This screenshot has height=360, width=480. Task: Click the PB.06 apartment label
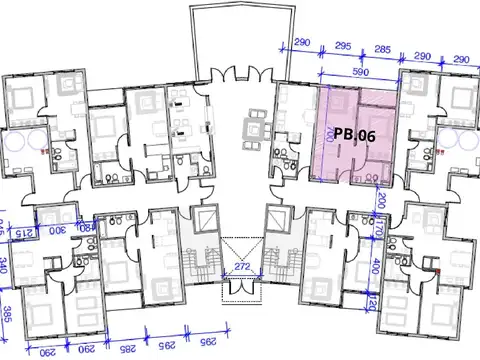coord(355,134)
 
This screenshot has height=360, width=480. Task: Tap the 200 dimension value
coord(381,200)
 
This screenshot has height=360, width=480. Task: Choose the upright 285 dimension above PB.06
coord(381,47)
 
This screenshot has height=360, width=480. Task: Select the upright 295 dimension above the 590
coord(341,47)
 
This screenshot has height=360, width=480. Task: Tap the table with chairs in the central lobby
coord(254,126)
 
